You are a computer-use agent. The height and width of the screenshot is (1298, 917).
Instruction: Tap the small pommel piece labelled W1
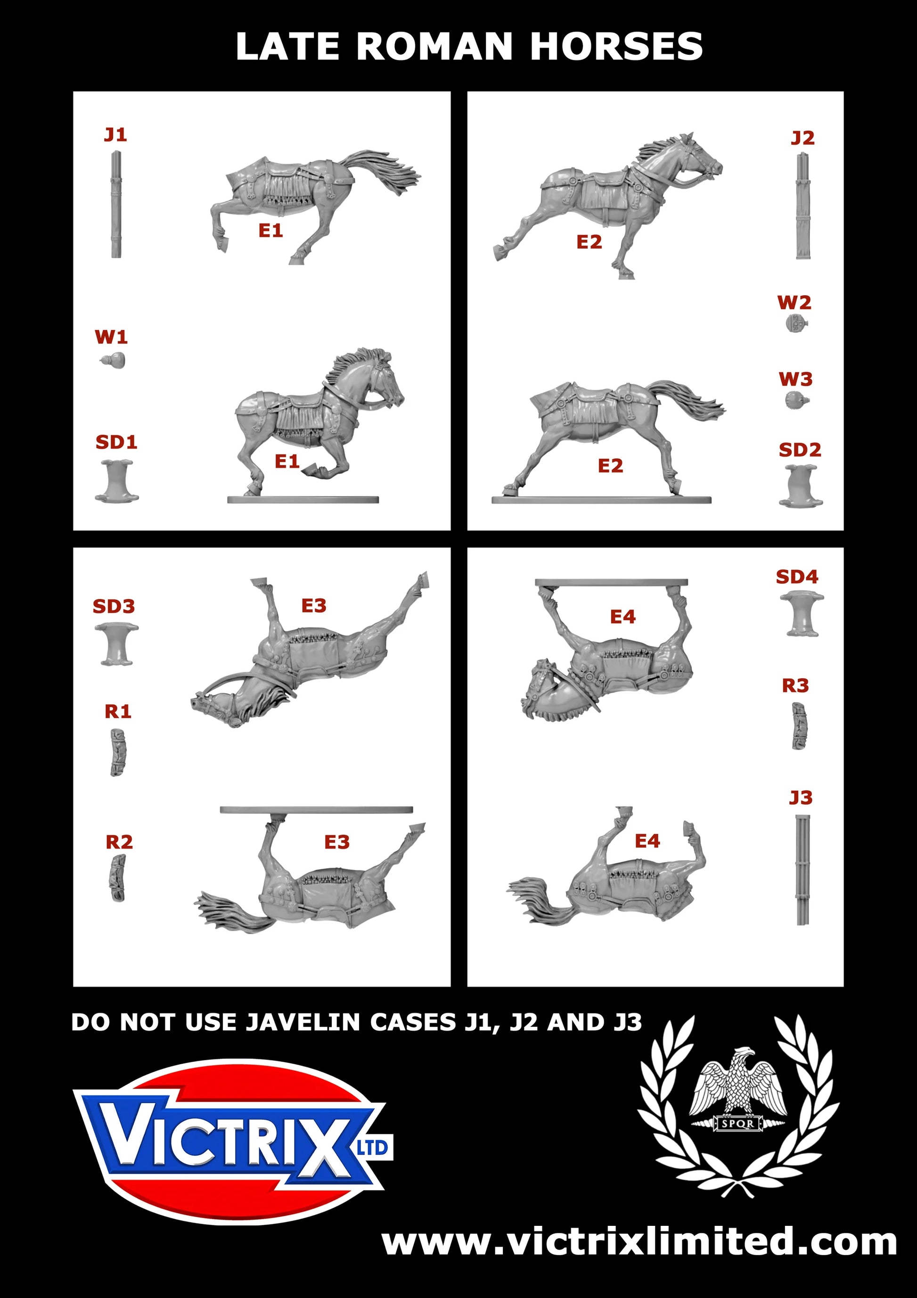[113, 360]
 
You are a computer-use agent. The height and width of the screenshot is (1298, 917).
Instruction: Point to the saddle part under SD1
[116, 480]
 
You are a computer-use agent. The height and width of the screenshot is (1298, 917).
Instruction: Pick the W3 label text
[795, 380]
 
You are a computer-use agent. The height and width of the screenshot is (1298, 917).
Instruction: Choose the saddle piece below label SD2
[801, 486]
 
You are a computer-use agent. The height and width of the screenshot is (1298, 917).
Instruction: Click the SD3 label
[114, 607]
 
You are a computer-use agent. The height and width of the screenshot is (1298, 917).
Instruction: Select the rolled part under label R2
[117, 878]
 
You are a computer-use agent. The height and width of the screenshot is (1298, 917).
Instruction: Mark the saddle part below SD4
[802, 614]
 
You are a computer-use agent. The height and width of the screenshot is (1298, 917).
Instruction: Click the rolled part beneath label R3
[799, 727]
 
